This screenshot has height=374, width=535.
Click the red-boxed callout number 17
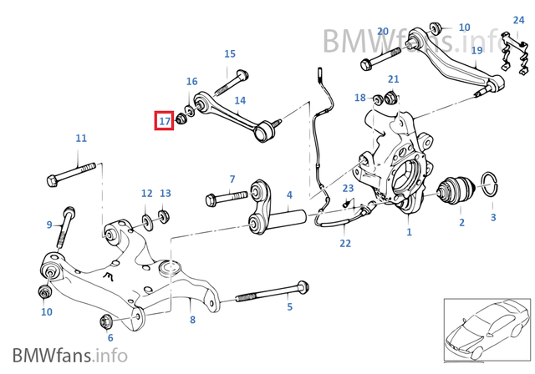click(165, 121)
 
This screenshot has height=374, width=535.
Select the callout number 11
click(81, 138)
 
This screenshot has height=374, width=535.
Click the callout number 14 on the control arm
click(240, 101)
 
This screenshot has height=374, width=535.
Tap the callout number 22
click(345, 243)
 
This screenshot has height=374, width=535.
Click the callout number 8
click(192, 320)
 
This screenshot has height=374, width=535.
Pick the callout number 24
click(519, 20)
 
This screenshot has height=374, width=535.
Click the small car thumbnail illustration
click(486, 329)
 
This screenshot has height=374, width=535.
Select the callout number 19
click(476, 50)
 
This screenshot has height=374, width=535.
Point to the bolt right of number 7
click(226, 199)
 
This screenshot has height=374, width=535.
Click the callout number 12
click(147, 193)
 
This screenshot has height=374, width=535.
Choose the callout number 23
click(348, 189)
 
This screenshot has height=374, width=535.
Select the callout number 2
click(461, 222)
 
